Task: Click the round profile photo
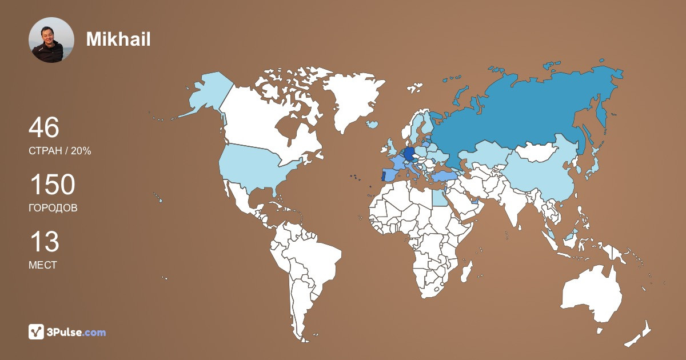tap(51, 40)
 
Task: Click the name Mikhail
tap(118, 39)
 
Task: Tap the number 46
tap(44, 127)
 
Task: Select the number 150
tap(52, 185)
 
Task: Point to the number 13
tap(44, 242)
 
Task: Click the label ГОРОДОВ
tap(53, 208)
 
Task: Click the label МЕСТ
tap(42, 265)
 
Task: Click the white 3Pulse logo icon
tap(37, 331)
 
